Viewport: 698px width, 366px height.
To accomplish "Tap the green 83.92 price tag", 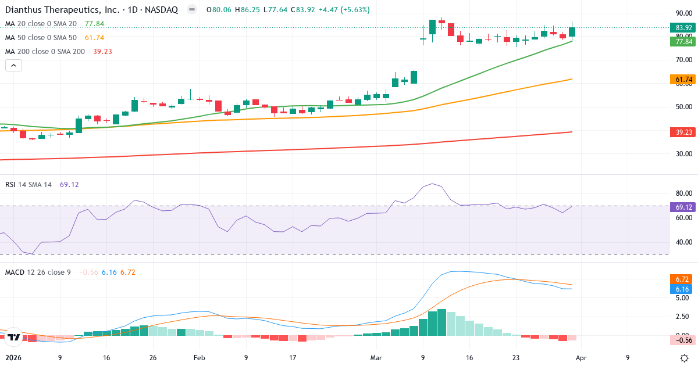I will (684, 27).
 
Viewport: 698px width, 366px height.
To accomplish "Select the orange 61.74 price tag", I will (684, 79).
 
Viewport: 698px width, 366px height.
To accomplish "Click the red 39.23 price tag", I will (684, 132).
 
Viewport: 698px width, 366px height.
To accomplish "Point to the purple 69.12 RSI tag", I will (684, 207).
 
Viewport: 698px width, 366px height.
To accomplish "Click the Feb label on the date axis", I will (200, 358).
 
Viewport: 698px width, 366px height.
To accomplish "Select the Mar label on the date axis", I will (376, 358).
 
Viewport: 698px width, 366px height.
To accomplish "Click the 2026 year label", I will (13, 358).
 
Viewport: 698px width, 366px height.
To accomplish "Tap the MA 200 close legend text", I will (45, 51).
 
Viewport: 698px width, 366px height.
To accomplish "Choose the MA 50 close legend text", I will (42, 37).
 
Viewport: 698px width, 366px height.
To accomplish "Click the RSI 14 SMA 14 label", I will (29, 184).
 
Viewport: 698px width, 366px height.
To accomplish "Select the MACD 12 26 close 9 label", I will (38, 272).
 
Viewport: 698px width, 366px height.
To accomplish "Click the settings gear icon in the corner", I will (685, 358).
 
